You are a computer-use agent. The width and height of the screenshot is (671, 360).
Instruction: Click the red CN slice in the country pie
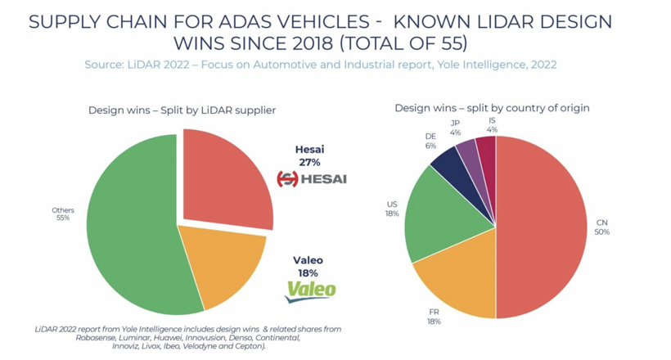tap(544, 229)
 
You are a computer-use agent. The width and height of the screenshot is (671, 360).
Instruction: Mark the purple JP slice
tap(468, 151)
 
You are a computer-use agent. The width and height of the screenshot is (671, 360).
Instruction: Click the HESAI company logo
tap(311, 178)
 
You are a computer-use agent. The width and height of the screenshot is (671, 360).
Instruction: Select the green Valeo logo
tap(310, 290)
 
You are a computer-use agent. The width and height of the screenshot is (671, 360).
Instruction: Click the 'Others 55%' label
tap(63, 214)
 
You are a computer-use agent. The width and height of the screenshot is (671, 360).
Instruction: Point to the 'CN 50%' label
tap(602, 227)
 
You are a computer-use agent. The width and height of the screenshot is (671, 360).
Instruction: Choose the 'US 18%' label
tap(392, 209)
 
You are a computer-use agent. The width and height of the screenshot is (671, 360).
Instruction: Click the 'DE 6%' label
tap(431, 140)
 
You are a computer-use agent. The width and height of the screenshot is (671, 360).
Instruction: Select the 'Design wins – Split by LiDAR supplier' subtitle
tap(182, 110)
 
